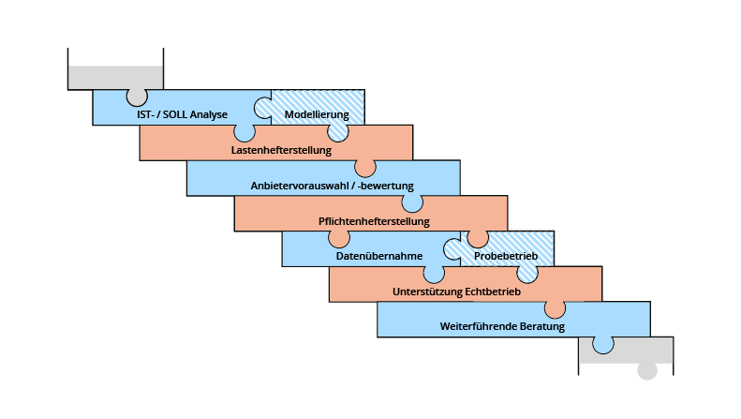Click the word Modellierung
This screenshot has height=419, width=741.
click(317, 114)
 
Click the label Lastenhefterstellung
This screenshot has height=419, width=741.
click(281, 149)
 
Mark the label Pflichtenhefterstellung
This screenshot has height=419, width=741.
click(374, 221)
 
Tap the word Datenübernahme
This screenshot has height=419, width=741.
click(379, 256)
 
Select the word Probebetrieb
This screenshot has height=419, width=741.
click(504, 256)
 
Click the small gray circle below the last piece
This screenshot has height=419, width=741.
click(646, 370)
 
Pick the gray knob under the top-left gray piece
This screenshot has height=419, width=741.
click(138, 95)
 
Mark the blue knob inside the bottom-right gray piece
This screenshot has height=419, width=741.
click(603, 344)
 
